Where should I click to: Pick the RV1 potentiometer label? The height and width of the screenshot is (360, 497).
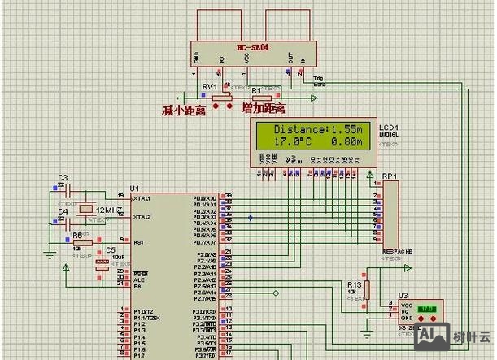(x=209, y=87)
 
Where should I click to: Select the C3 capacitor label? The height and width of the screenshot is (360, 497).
(x=63, y=177)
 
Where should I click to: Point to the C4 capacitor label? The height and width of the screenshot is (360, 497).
(x=63, y=211)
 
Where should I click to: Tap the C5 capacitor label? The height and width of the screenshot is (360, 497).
(x=110, y=251)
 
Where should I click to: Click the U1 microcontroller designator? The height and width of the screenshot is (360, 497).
(x=123, y=188)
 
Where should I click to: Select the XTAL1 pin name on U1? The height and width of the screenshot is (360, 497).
(x=142, y=197)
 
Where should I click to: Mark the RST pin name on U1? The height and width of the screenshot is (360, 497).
(x=138, y=241)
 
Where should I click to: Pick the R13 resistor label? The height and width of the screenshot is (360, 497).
(x=353, y=284)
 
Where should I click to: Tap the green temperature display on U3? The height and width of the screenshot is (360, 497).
(x=425, y=310)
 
